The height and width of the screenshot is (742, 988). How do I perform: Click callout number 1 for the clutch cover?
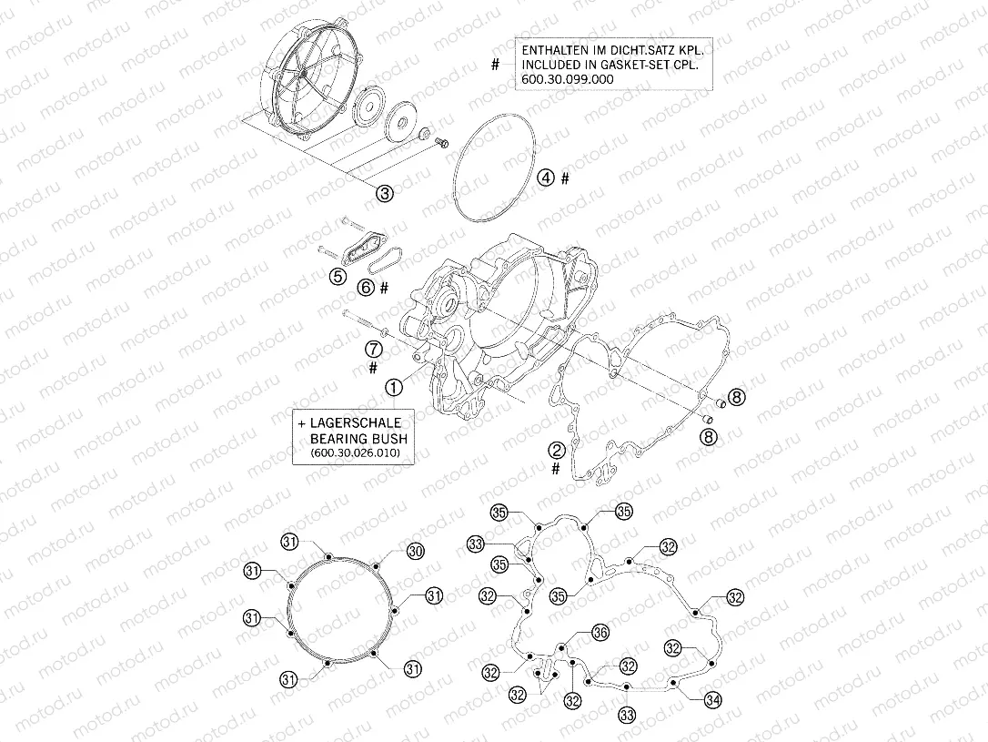point(393,387)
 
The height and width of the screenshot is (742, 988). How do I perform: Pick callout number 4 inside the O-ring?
point(545,178)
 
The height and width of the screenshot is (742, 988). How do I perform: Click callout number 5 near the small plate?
point(338,277)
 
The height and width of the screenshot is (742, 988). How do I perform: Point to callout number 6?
point(366,287)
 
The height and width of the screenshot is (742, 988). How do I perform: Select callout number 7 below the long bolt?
point(373,349)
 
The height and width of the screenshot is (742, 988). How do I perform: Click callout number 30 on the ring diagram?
point(415,551)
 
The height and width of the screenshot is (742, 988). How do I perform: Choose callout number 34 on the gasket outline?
point(713,699)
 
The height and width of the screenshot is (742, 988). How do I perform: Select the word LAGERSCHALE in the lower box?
point(355,423)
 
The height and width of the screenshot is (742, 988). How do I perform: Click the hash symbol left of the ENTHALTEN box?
point(495,66)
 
